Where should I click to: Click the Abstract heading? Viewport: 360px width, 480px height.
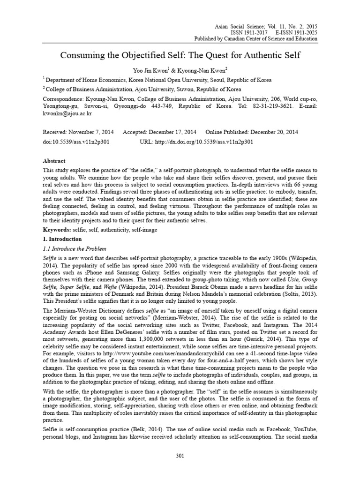point(55,160)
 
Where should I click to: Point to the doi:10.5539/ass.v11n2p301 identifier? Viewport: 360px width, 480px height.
point(76,141)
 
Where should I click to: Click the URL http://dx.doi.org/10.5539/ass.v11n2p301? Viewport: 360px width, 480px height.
point(197,141)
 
